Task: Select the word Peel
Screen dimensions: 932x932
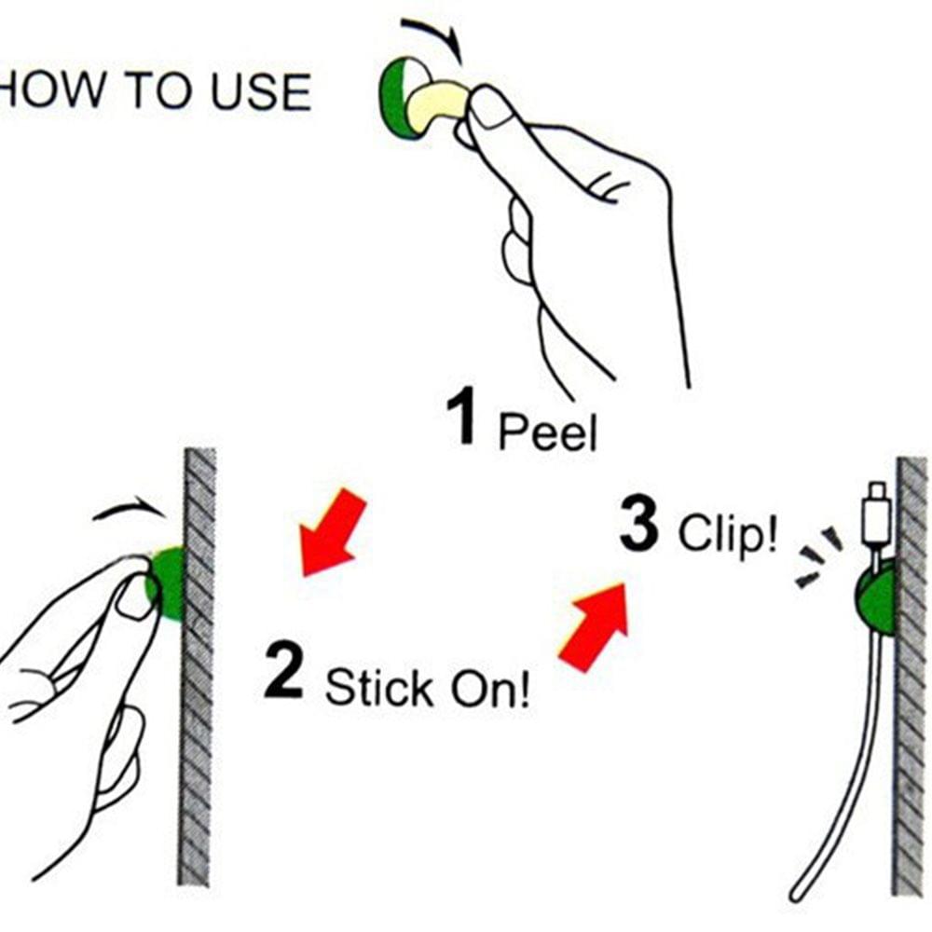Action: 547,431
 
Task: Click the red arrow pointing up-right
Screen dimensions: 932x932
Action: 595,627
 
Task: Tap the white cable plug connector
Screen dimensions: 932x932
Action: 876,516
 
